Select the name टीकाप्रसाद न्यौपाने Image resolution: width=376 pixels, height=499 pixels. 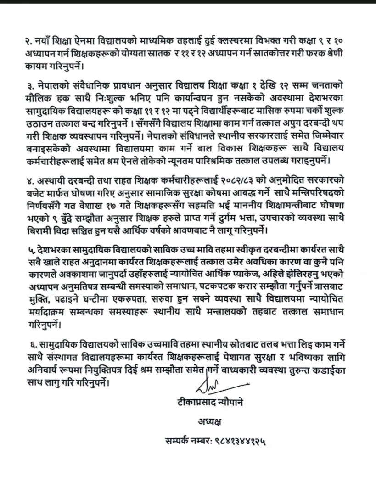point(212,402)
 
